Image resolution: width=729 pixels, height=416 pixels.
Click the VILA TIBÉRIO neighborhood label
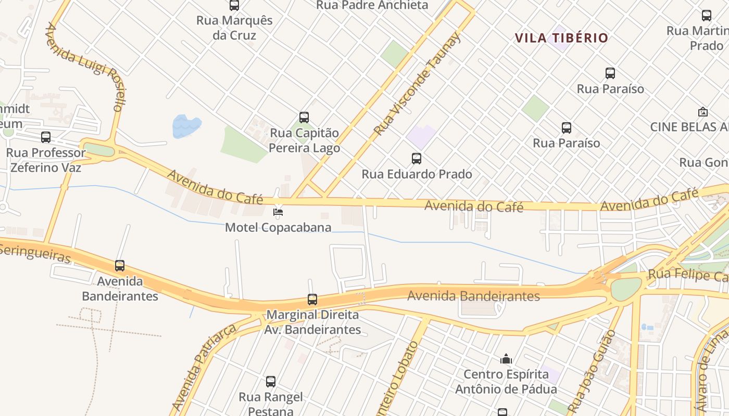(561, 38)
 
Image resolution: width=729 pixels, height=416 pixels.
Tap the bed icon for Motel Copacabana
(278, 212)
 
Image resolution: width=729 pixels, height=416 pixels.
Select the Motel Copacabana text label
(278, 228)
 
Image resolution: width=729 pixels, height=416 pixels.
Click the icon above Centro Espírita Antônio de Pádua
(506, 359)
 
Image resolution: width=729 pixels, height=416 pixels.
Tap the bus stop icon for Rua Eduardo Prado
(416, 159)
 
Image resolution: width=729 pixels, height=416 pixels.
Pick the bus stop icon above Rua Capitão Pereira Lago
(304, 118)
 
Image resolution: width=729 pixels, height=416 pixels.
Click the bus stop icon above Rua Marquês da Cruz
(234, 6)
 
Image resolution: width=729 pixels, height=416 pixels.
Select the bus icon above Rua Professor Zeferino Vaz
(46, 137)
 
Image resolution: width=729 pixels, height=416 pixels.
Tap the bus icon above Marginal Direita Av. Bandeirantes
(312, 300)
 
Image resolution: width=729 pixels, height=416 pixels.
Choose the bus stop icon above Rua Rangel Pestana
(271, 382)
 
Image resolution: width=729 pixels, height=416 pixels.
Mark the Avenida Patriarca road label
(204, 367)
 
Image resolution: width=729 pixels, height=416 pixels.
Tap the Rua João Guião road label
(592, 371)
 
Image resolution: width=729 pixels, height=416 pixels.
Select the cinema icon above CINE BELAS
(702, 112)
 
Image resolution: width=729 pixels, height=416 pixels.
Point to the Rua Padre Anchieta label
(372, 6)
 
